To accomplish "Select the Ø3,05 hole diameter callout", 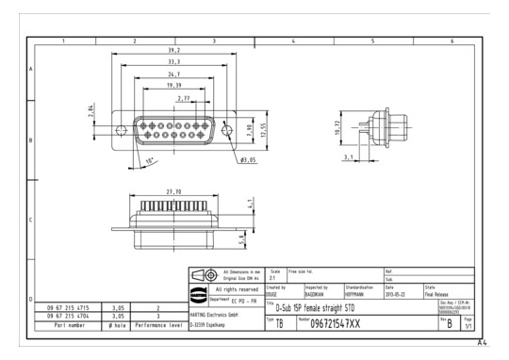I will point(250,159).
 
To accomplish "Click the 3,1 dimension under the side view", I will point(349,157).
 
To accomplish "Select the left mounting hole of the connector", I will point(120,128).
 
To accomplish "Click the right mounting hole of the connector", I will point(229,128).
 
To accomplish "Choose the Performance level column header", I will point(156,323).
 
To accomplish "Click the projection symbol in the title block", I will point(205,275).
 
